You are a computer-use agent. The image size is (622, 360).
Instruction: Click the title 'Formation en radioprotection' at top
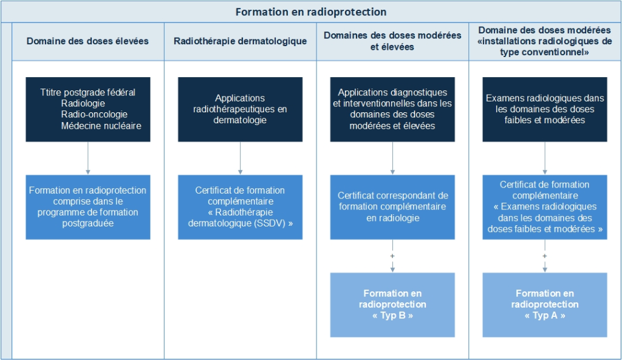[310, 12]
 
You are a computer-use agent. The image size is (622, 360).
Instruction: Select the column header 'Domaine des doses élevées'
[87, 41]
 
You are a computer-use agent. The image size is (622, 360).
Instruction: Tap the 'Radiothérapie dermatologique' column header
[240, 41]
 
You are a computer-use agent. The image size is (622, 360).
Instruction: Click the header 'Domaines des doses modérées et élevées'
[392, 41]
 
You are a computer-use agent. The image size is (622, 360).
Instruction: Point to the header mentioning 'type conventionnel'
[545, 41]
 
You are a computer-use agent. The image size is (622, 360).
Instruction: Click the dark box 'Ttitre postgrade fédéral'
[88, 109]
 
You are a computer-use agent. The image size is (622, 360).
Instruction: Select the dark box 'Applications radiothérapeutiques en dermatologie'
[240, 109]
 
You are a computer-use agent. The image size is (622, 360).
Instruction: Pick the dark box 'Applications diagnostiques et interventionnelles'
[392, 109]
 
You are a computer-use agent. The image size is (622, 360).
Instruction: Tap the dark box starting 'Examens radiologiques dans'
[545, 109]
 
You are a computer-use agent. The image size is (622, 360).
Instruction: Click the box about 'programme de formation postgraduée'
[88, 207]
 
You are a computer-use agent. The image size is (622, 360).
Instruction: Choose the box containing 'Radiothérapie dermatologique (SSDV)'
[240, 207]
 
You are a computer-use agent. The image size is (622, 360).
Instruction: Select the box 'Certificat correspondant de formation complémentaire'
[392, 207]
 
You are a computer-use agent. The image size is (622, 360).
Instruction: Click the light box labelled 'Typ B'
[392, 305]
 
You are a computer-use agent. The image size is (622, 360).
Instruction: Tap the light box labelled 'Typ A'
[545, 305]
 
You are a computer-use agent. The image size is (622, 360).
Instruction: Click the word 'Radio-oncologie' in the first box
[94, 115]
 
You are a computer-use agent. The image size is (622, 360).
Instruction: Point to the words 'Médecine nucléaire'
[101, 126]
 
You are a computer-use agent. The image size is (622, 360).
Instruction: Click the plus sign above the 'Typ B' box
[392, 256]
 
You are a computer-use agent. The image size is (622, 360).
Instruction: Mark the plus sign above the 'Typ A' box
[545, 256]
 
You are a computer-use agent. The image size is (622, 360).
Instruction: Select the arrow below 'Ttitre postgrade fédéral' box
[88, 158]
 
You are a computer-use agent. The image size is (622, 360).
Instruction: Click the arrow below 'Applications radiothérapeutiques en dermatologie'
[240, 158]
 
